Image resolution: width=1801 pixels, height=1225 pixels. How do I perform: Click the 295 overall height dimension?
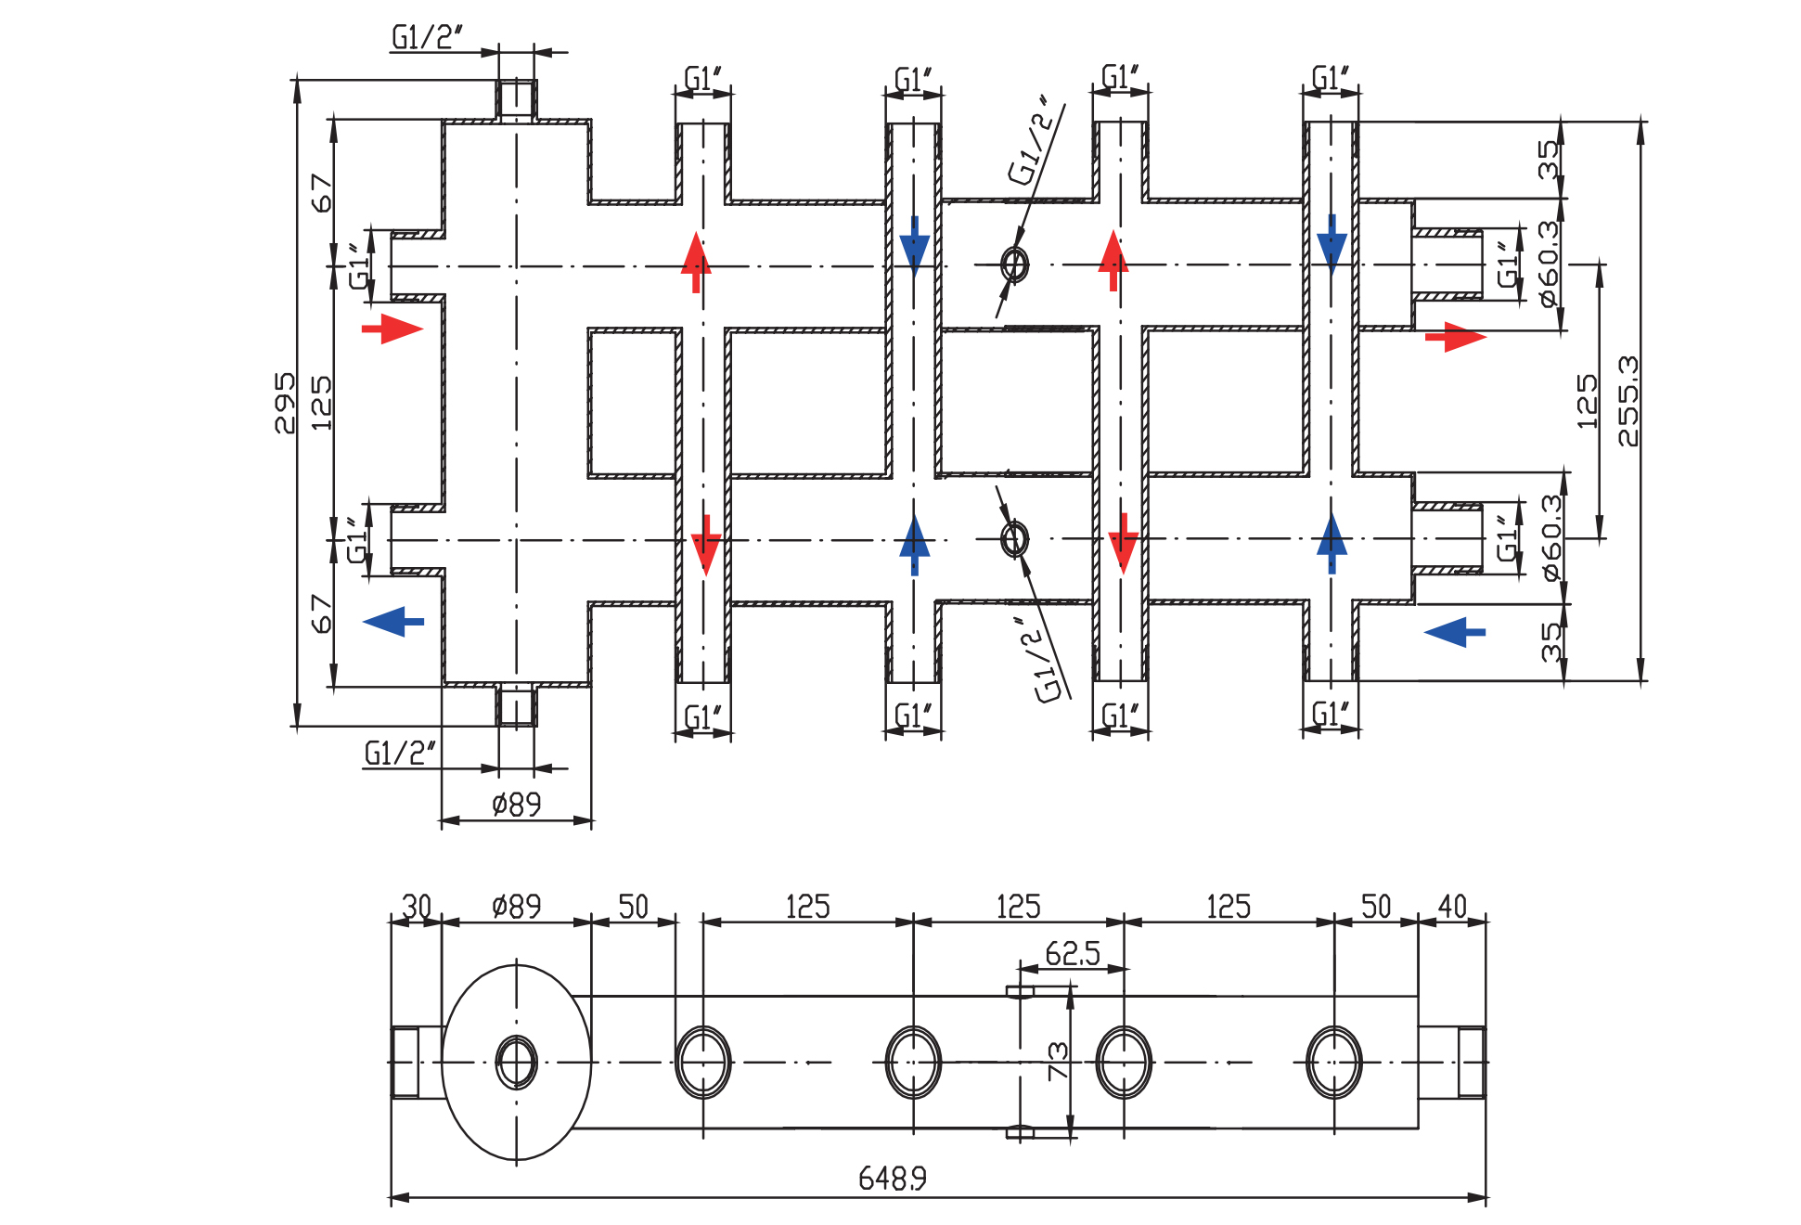pos(285,403)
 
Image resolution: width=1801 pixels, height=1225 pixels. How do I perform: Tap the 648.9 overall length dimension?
pos(892,1178)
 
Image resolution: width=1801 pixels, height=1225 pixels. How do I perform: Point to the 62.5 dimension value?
pos(1072,953)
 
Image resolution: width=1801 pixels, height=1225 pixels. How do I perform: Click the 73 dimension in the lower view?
pos(1058,1061)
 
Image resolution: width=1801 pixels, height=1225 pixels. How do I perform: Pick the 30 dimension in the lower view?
pos(417,906)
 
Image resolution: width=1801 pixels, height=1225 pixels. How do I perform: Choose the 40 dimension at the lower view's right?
pos(1452,906)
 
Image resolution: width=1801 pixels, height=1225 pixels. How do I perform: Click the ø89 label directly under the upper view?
pos(516,804)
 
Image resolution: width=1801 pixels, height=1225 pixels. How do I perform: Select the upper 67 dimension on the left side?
pos(321,193)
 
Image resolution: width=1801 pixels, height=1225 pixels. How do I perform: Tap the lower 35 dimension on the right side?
pos(1550,642)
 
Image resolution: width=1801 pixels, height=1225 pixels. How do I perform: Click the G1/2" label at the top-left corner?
pos(427,37)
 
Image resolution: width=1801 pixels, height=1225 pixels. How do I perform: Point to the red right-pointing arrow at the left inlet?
pos(392,329)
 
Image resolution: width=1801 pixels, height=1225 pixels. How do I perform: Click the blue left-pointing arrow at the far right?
pos(1454,632)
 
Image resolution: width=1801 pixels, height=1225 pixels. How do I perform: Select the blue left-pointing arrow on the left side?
pos(393,622)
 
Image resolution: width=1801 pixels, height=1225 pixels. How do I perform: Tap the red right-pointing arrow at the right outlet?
pos(1456,337)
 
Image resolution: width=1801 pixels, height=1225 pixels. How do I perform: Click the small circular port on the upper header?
pos(1015,264)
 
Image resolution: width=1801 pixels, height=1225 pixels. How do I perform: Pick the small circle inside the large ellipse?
pos(517,1063)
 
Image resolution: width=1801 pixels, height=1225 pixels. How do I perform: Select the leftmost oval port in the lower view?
pos(703,1063)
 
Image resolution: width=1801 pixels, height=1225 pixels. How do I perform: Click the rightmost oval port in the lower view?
pos(1334,1063)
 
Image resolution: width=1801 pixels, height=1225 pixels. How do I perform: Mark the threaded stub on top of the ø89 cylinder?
pos(517,100)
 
